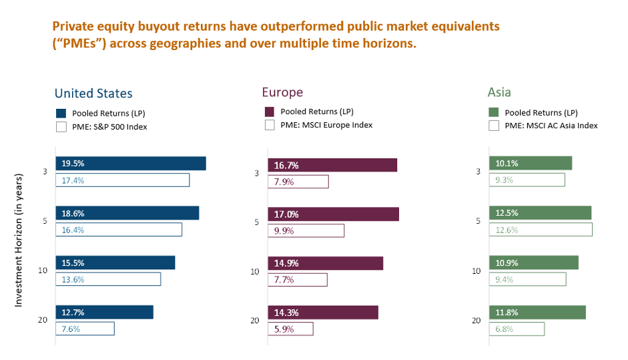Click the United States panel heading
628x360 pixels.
point(93,94)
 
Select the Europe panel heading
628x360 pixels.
point(282,92)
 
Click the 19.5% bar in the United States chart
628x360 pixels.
point(131,164)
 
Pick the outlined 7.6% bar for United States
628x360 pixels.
point(85,329)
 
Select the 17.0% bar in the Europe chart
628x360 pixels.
point(333,214)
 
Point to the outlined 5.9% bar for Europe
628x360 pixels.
point(290,329)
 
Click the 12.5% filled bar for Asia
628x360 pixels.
point(540,213)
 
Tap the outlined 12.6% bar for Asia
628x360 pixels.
point(540,229)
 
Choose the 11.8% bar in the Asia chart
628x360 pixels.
point(537,313)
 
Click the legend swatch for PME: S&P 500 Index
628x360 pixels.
point(61,126)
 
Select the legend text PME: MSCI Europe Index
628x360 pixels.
point(326,125)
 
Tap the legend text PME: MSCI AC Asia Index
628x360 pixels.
point(551,126)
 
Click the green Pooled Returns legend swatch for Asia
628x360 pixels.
point(494,112)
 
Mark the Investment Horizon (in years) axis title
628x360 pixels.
point(19,240)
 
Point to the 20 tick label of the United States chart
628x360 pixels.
point(42,321)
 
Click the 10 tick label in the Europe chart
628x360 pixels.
point(254,272)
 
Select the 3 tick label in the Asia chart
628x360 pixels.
point(478,172)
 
